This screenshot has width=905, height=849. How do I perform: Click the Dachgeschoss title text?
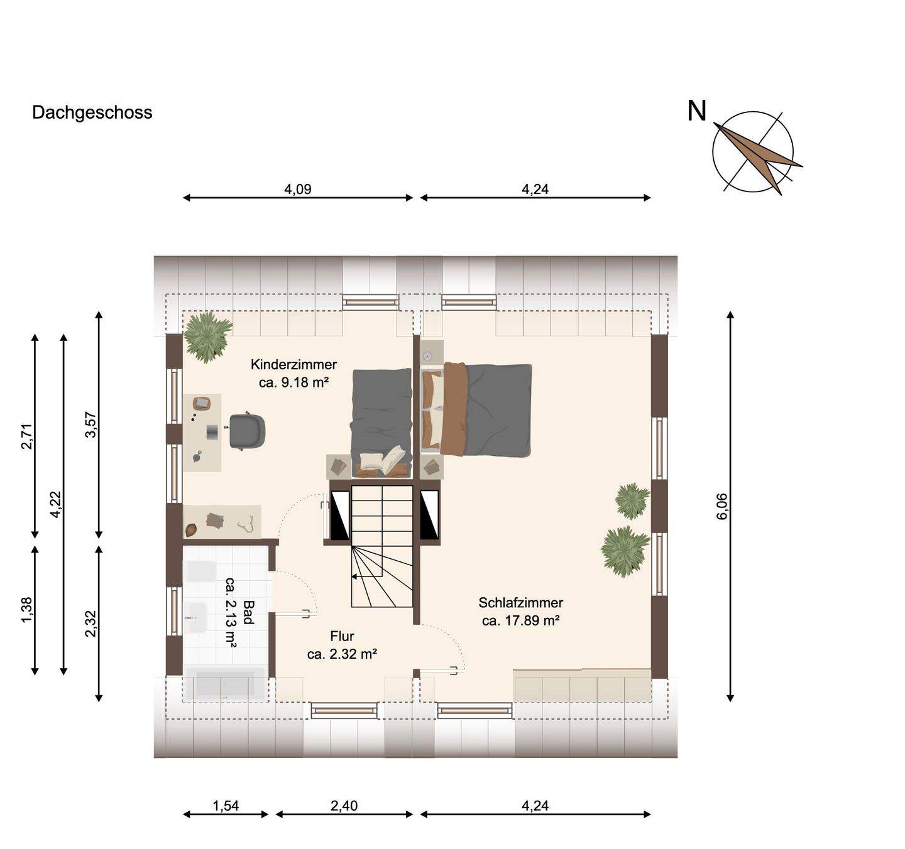click(92, 112)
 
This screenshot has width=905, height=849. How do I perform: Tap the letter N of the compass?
click(696, 111)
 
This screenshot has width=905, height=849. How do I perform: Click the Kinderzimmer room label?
click(293, 365)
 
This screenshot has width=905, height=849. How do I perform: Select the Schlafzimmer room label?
click(520, 603)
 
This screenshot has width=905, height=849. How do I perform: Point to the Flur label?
click(342, 637)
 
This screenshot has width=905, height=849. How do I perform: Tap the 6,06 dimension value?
click(721, 506)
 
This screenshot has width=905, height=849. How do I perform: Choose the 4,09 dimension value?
click(298, 189)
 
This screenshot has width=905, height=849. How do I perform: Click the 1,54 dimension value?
click(226, 806)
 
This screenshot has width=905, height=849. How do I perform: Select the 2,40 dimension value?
click(344, 806)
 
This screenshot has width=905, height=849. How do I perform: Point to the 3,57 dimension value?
click(90, 424)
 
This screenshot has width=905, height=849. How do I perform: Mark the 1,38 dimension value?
click(27, 610)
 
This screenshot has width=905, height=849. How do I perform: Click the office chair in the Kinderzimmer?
click(246, 431)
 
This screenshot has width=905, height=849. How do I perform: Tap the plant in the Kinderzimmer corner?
click(206, 335)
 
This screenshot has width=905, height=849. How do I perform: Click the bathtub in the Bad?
click(225, 684)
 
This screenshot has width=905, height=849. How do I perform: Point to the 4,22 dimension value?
click(55, 504)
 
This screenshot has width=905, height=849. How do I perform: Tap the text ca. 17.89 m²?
click(520, 621)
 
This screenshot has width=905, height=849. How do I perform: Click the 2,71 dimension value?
click(27, 436)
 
